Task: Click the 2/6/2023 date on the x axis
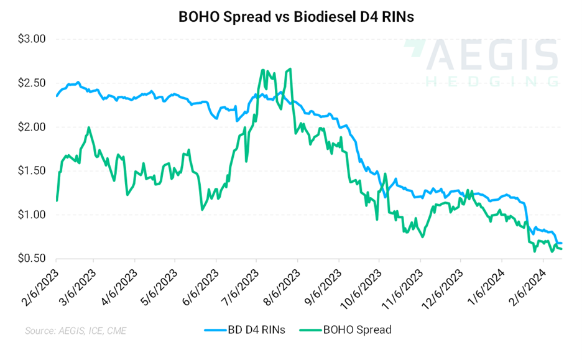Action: (39, 285)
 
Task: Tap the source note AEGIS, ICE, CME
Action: (75, 331)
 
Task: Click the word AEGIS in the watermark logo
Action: (491, 55)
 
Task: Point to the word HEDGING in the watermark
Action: (491, 81)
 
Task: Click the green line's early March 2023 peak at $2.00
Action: (89, 127)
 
